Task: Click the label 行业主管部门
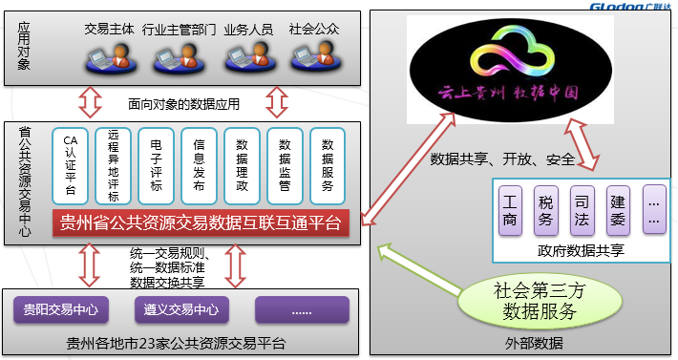click(180, 31)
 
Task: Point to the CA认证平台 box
click(70, 165)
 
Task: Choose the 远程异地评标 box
click(113, 165)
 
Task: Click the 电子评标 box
click(157, 165)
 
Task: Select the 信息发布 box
click(199, 165)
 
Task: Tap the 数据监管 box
click(285, 165)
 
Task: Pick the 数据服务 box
click(328, 165)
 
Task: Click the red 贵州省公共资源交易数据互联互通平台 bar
click(201, 223)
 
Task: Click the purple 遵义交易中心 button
click(181, 309)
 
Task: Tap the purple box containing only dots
click(301, 309)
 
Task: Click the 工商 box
click(511, 210)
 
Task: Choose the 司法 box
click(581, 210)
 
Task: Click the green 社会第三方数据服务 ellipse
click(535, 301)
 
